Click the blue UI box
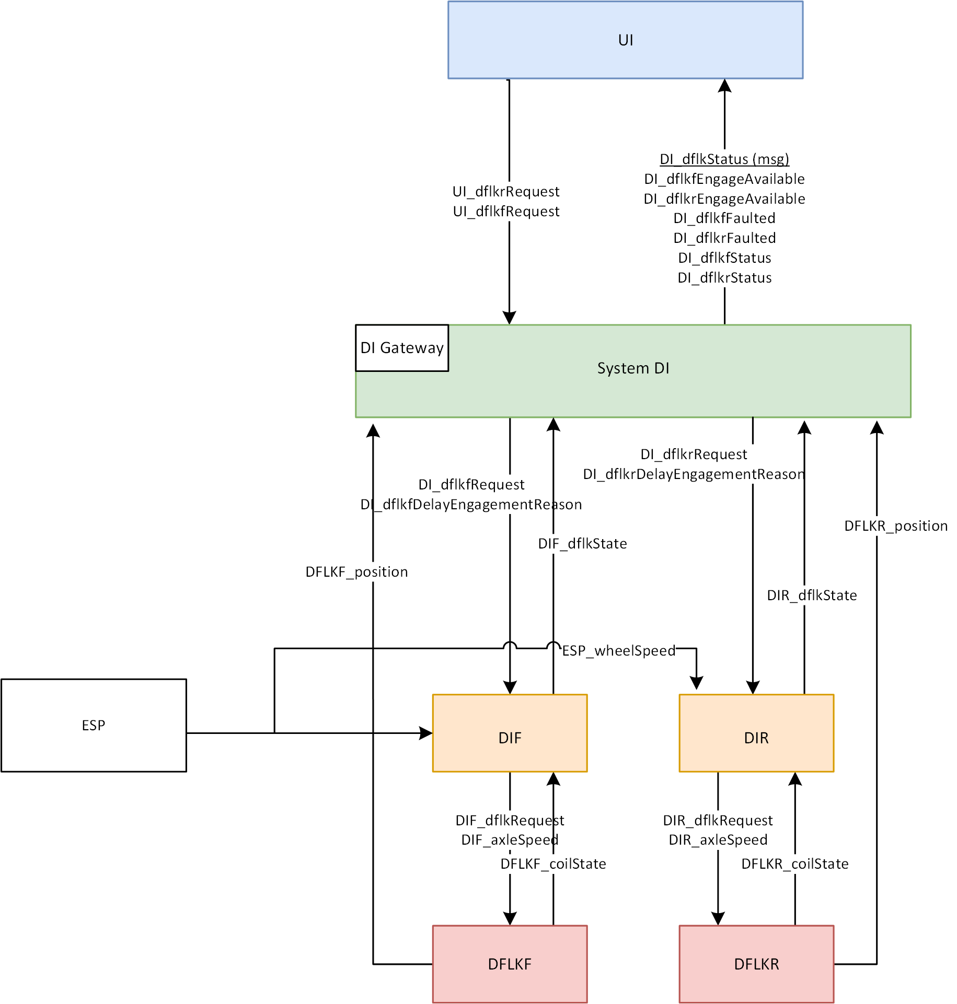click(x=625, y=40)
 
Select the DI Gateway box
click(x=401, y=348)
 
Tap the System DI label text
click(x=633, y=368)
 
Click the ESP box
click(x=94, y=725)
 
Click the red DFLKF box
click(x=510, y=964)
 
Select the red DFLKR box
click(x=756, y=964)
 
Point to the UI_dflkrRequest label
click(x=506, y=192)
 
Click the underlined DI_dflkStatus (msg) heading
click(x=724, y=159)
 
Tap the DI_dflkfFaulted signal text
click(x=724, y=218)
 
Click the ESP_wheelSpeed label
click(x=619, y=651)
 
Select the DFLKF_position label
click(x=356, y=572)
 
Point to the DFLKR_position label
click(x=896, y=526)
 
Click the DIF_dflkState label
click(x=582, y=544)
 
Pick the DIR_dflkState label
click(x=812, y=596)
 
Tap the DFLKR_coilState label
click(x=794, y=864)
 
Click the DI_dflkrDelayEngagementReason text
click(x=694, y=474)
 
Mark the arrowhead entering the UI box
click(x=724, y=86)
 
